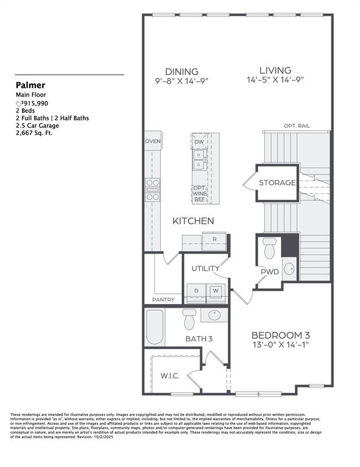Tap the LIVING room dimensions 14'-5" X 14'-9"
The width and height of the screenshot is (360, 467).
tap(275, 80)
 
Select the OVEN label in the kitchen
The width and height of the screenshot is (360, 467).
tap(153, 142)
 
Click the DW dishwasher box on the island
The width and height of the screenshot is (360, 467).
tap(199, 142)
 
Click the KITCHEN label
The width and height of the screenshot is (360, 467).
tap(193, 221)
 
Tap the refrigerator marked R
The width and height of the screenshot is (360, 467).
tap(214, 240)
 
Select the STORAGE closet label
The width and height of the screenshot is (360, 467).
tap(277, 183)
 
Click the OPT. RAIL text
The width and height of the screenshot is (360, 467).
tap(297, 126)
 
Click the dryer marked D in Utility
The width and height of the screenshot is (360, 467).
tap(196, 291)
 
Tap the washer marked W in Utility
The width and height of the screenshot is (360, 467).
tap(215, 291)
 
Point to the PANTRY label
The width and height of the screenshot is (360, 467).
tap(163, 300)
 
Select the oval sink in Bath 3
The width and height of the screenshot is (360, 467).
tap(213, 316)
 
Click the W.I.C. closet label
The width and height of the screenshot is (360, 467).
tap(169, 376)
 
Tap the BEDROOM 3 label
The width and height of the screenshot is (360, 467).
tap(282, 335)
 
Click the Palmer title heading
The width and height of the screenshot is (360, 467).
tap(30, 86)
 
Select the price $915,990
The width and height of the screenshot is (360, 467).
tap(36, 103)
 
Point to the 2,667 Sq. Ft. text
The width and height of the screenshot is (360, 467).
tap(34, 133)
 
